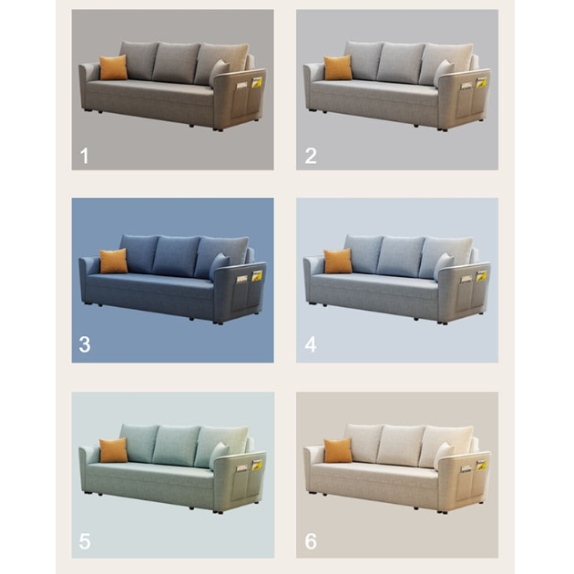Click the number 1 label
click(85, 156)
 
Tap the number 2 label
click(311, 156)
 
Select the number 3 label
click(85, 344)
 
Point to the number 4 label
click(311, 344)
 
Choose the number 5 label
click(85, 541)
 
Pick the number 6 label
click(311, 541)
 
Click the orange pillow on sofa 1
click(114, 67)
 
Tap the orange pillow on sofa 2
click(338, 67)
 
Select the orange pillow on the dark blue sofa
click(114, 261)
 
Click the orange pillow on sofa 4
click(338, 261)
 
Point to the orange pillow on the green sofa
click(114, 450)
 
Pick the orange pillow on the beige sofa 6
click(338, 450)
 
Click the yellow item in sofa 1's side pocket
click(257, 82)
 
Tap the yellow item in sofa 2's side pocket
click(481, 82)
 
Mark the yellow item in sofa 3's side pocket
click(257, 275)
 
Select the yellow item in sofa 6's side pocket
click(481, 465)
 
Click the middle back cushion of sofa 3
click(175, 255)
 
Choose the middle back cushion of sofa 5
click(175, 445)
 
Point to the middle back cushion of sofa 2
click(400, 62)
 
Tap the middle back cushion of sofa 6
click(400, 445)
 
